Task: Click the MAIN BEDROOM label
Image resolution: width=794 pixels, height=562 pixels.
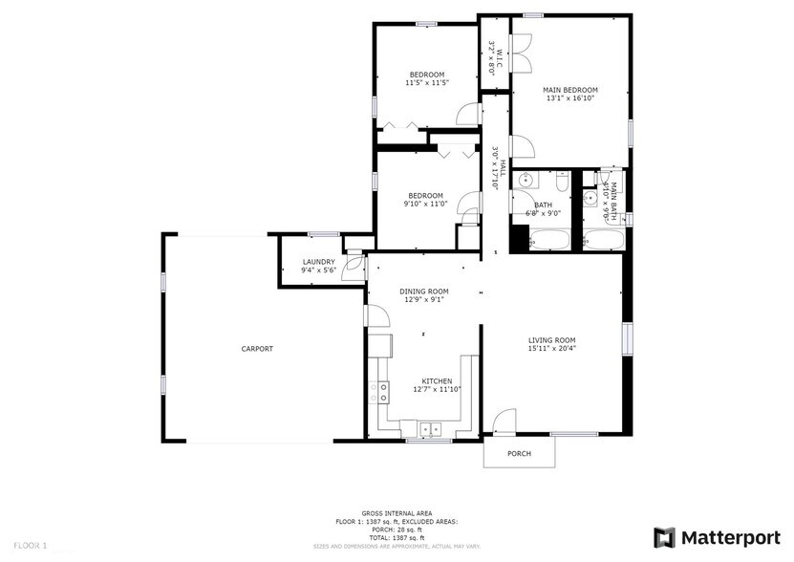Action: click(x=569, y=90)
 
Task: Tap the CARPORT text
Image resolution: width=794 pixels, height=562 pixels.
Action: click(x=257, y=349)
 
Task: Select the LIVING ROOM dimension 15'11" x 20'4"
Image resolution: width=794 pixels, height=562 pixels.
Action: click(x=551, y=349)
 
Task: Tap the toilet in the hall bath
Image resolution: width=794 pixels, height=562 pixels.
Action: click(x=562, y=181)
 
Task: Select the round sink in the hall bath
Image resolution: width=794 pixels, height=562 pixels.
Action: click(x=526, y=181)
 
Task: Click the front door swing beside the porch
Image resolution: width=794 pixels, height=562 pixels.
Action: click(x=504, y=421)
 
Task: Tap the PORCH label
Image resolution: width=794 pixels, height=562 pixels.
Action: click(x=519, y=453)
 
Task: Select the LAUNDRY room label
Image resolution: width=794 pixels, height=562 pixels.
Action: click(x=318, y=262)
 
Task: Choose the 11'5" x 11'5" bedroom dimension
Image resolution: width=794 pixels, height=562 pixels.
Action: click(x=426, y=83)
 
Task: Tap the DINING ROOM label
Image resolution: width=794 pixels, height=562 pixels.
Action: click(x=423, y=292)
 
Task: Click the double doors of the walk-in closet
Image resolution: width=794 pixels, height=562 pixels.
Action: click(x=522, y=54)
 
